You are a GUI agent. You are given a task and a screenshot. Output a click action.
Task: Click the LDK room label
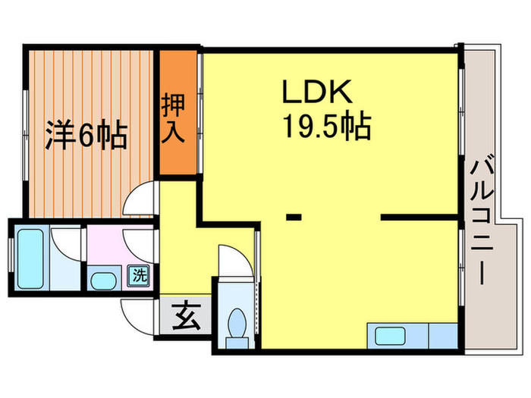(x=316, y=92)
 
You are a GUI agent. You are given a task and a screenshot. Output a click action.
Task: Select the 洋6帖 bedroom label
(x=86, y=136)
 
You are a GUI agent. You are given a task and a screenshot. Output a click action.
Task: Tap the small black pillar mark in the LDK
(x=294, y=218)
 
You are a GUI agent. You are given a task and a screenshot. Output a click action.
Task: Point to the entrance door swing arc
(x=139, y=314)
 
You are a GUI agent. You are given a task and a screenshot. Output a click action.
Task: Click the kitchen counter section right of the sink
(x=443, y=335)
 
